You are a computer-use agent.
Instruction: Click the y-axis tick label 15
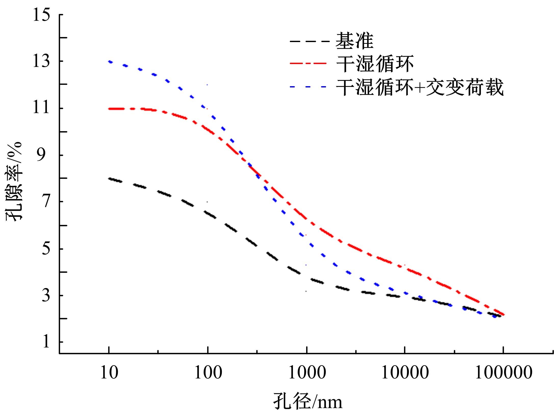tap(41, 15)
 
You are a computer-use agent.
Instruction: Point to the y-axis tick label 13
tap(41, 62)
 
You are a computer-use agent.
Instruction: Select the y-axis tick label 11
tap(41, 109)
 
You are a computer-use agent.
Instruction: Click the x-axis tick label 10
tap(109, 373)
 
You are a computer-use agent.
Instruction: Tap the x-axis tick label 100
tap(208, 373)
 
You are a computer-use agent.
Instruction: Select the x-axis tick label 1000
tap(307, 373)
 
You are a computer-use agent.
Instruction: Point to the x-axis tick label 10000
tap(405, 373)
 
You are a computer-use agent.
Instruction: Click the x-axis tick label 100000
tap(504, 373)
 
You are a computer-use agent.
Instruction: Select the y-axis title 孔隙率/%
tap(14, 182)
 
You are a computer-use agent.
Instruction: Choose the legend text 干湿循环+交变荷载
tap(420, 87)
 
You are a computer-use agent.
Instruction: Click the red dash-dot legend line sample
tap(308, 63)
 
